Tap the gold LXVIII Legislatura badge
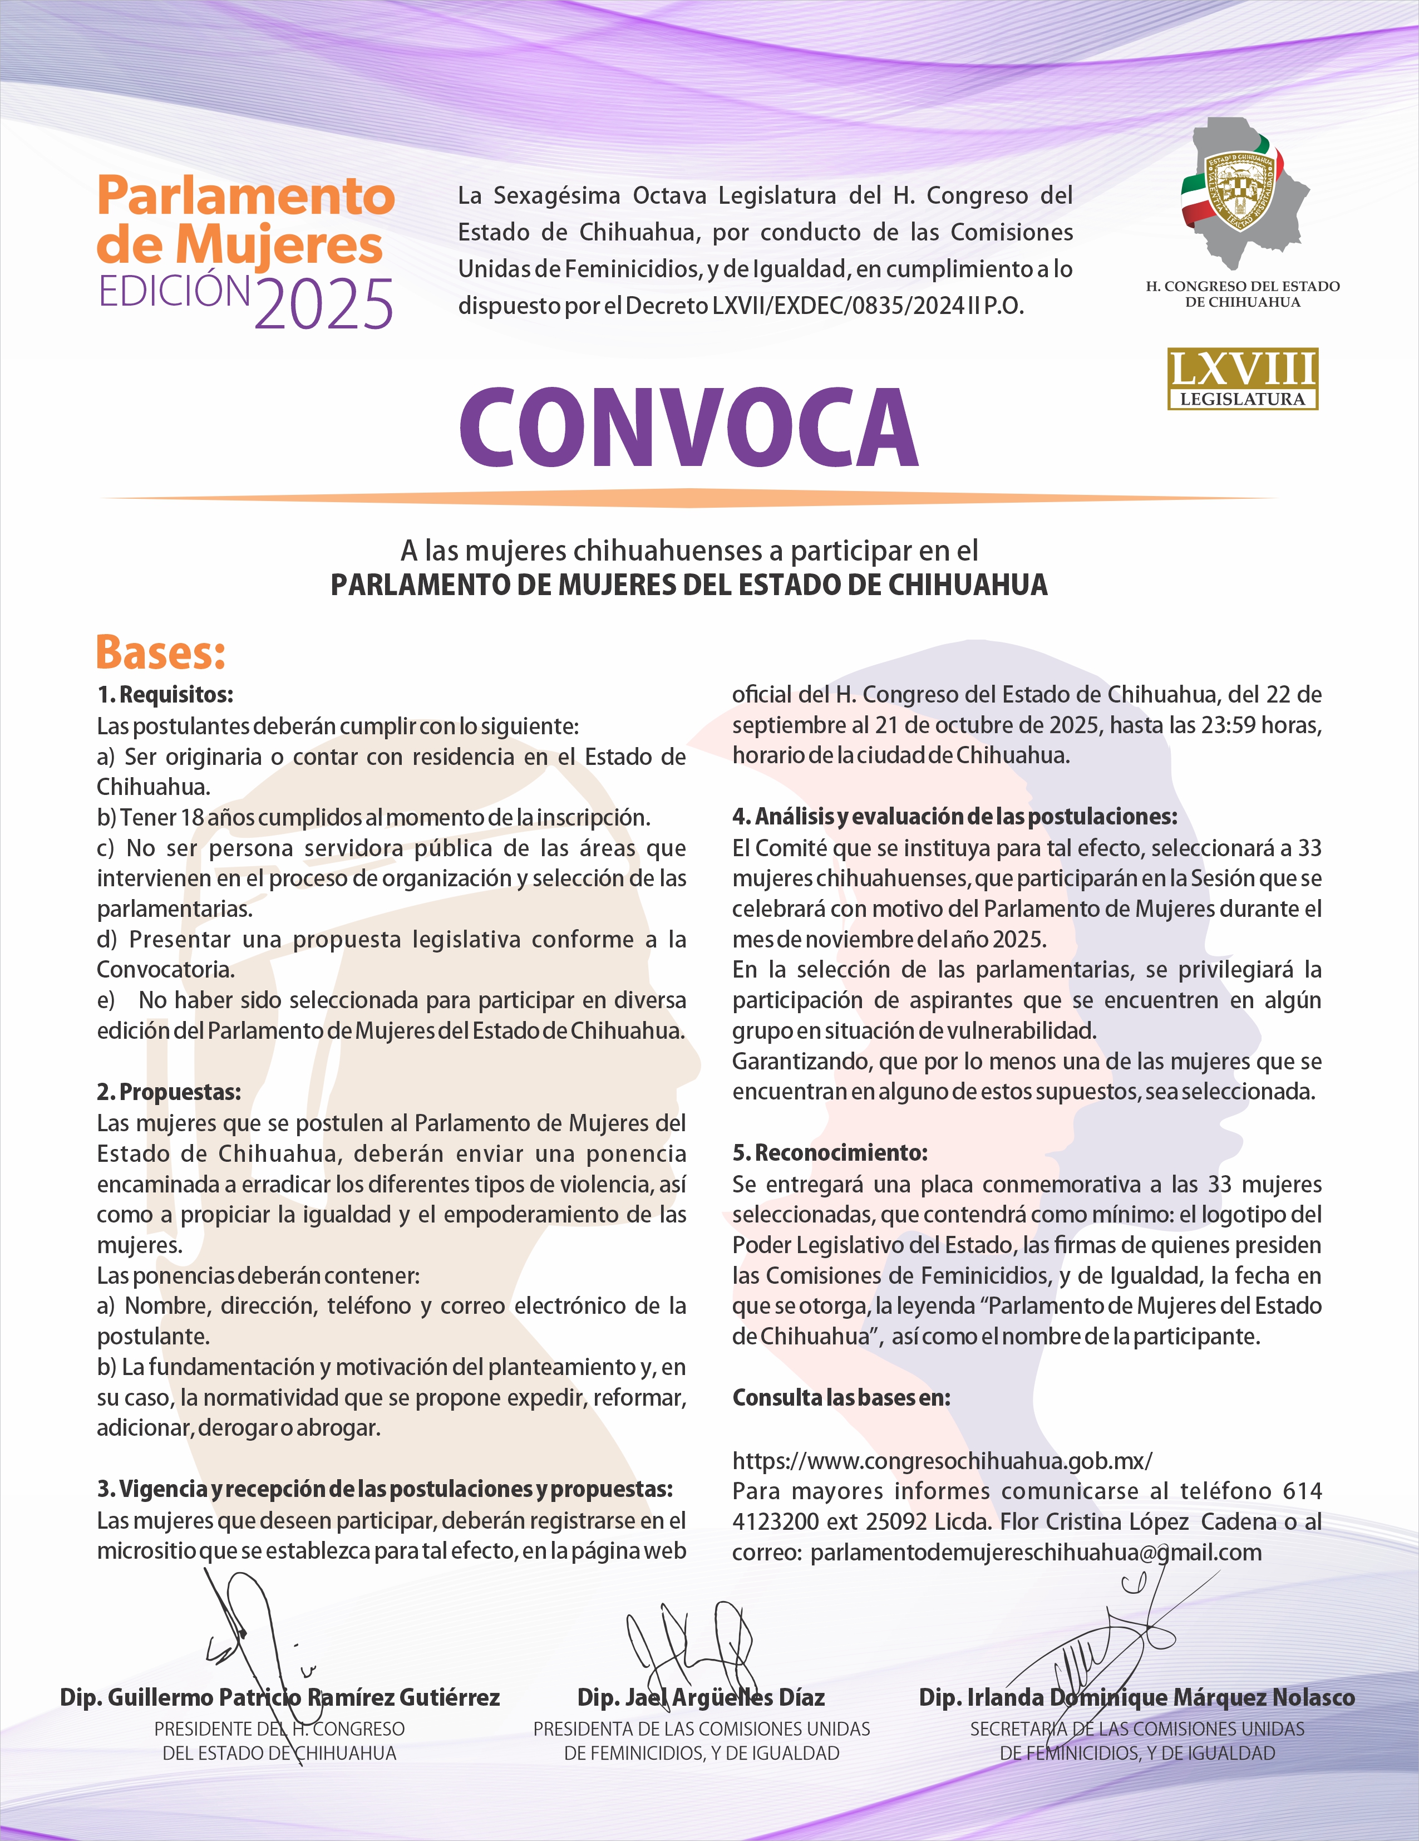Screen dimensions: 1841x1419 coord(1242,379)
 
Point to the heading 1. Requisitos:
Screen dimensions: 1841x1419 coord(165,695)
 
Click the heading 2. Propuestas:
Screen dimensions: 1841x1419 coord(169,1092)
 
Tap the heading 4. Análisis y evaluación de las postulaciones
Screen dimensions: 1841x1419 coord(954,816)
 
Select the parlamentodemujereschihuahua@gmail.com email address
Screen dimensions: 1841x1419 coord(1036,1553)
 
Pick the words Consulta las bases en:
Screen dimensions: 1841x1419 coord(841,1398)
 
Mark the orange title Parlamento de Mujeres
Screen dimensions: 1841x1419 coord(245,220)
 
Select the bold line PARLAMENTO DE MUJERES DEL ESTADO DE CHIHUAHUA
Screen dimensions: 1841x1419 coord(688,585)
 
